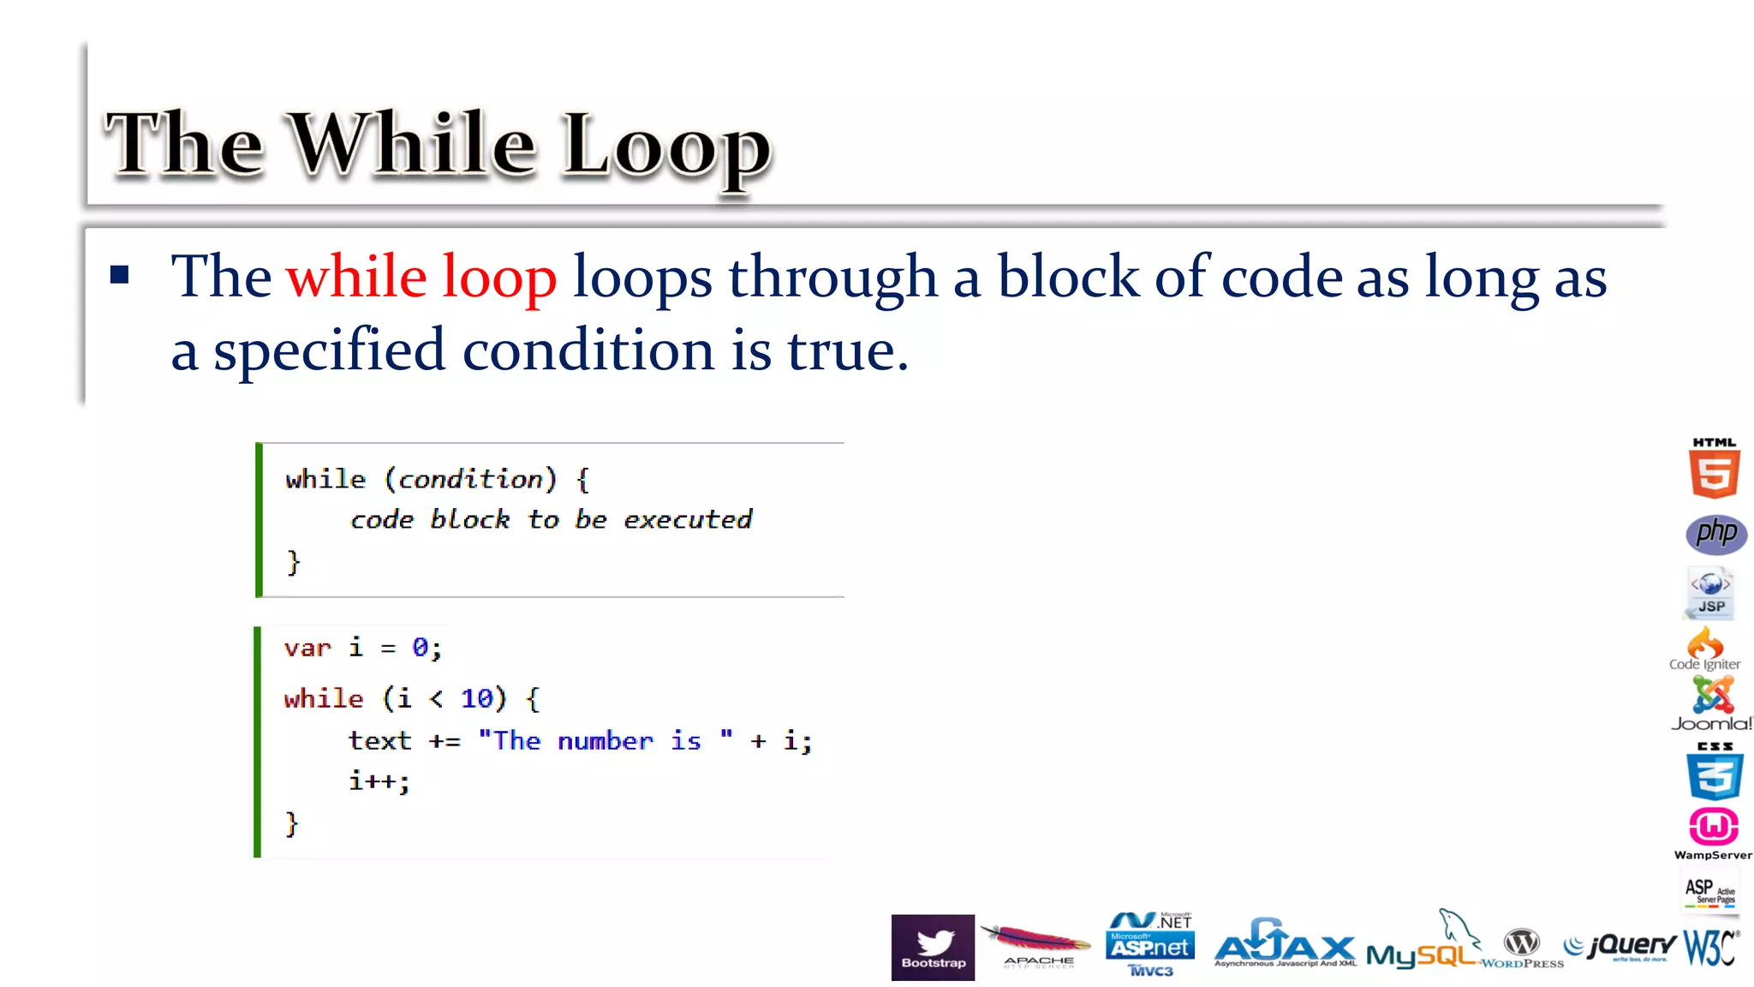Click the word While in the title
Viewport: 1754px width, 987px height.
tap(414, 144)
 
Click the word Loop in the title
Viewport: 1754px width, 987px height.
tap(667, 147)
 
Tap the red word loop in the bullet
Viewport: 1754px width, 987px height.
tap(499, 278)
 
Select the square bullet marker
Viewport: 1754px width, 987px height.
tap(120, 275)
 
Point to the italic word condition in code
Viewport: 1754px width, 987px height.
tap(471, 479)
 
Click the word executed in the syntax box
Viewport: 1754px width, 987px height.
tap(688, 519)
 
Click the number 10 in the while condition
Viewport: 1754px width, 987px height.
tap(477, 699)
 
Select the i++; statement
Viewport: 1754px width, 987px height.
tap(379, 781)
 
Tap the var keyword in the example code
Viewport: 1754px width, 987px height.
tap(307, 648)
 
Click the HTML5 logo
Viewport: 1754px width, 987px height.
tap(1714, 469)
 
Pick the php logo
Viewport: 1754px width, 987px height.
tap(1715, 534)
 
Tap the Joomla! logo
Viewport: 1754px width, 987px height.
tap(1711, 703)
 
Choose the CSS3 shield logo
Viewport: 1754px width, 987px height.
tap(1714, 772)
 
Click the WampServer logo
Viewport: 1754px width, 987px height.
tap(1713, 832)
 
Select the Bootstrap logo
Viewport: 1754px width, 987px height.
tap(933, 947)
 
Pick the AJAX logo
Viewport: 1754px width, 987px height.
tap(1285, 946)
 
